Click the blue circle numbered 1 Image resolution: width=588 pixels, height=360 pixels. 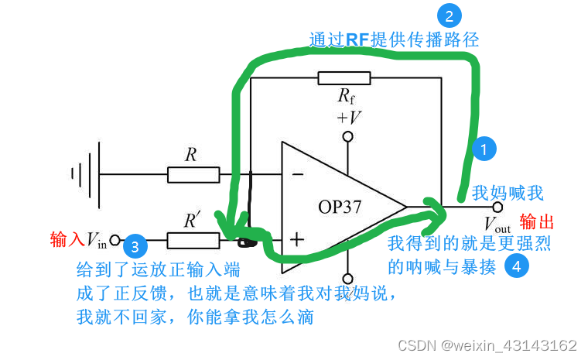tap(484, 150)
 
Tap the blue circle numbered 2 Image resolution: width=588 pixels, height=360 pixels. tap(448, 15)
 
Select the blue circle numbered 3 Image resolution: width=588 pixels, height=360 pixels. tap(135, 247)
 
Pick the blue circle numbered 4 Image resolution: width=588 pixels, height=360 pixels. tap(517, 267)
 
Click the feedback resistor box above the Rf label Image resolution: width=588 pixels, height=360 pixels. tap(344, 78)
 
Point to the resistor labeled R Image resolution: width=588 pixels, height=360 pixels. tap(193, 176)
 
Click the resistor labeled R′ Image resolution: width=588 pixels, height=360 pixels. tap(193, 241)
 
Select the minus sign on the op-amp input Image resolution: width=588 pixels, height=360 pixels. tap(297, 176)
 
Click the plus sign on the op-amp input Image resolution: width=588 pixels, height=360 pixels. tap(297, 239)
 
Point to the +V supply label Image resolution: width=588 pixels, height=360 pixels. tap(348, 118)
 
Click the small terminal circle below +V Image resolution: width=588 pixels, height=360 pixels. tap(347, 137)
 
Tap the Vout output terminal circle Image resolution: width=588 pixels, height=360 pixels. tap(497, 207)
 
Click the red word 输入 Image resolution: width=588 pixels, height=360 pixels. tap(67, 238)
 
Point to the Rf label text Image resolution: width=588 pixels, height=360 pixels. tap(347, 96)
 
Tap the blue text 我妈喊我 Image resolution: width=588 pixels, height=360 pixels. tap(508, 193)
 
